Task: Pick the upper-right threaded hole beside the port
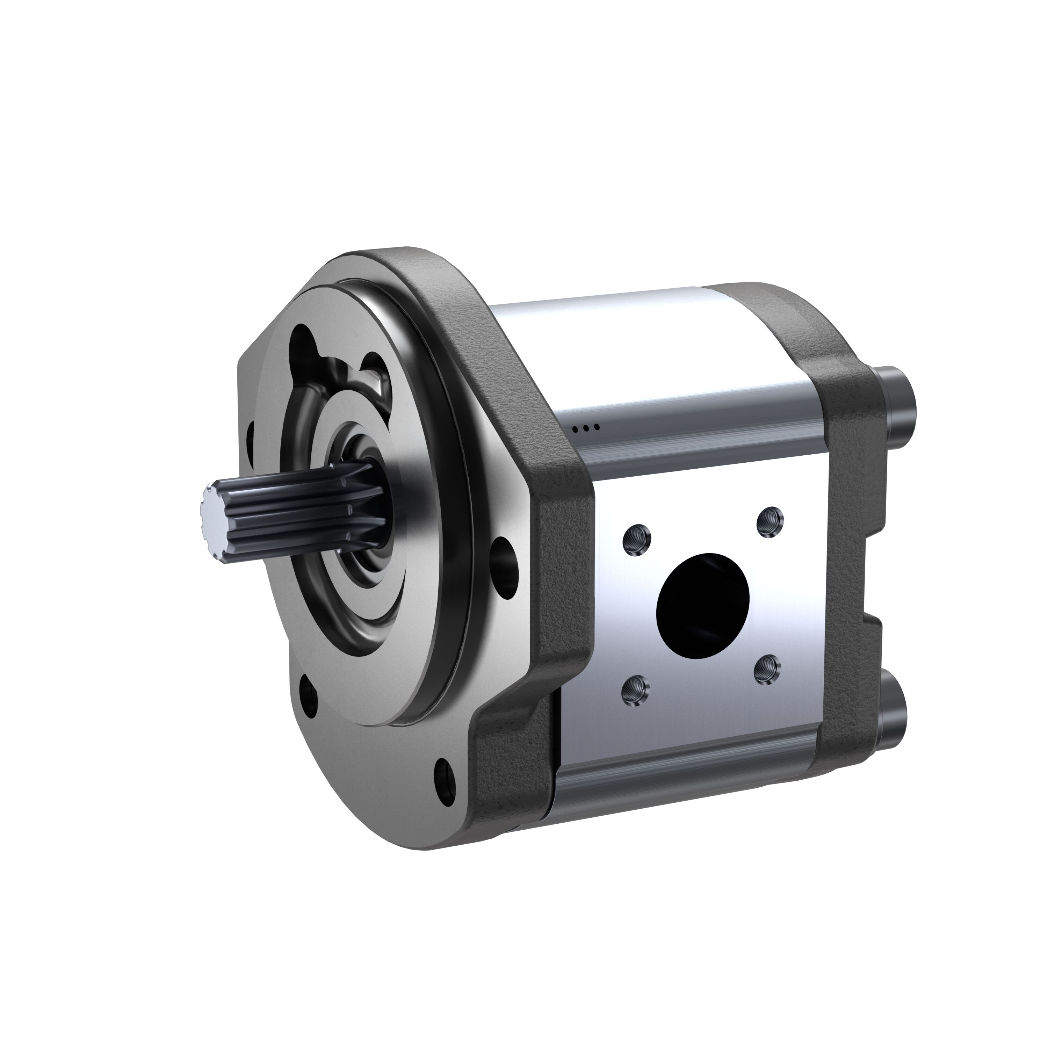click(x=770, y=521)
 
